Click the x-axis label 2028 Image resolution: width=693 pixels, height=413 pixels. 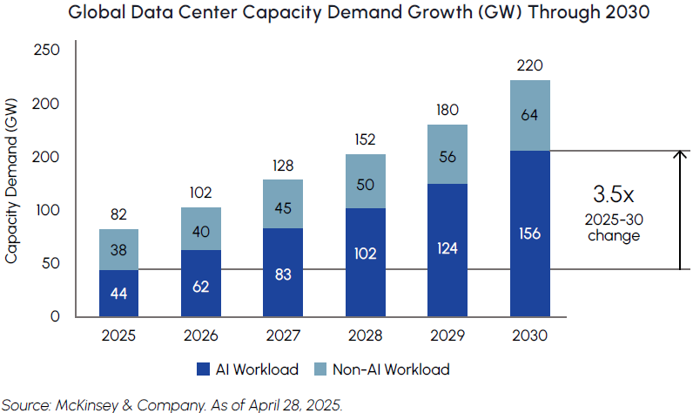pos(366,335)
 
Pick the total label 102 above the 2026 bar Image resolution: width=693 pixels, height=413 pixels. pos(200,193)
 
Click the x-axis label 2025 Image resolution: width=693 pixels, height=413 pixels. pos(118,335)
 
